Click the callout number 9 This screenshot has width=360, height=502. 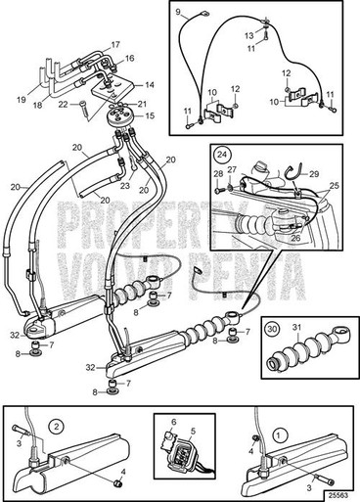(x=179, y=14)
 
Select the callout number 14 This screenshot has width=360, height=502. (x=150, y=85)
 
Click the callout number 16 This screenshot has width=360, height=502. (x=128, y=59)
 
